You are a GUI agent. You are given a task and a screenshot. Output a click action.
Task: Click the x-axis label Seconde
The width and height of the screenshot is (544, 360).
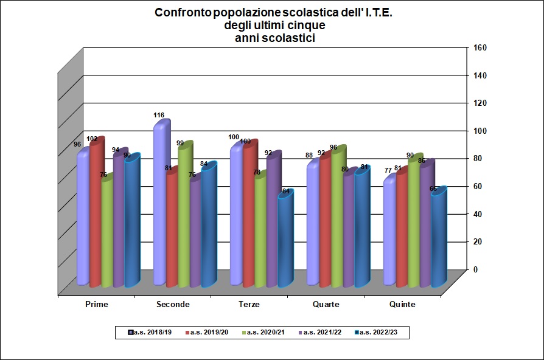pos(173,304)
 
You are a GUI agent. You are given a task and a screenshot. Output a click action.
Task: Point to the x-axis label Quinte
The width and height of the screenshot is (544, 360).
pos(402,304)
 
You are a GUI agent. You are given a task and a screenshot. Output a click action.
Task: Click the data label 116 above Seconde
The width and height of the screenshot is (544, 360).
pos(159,115)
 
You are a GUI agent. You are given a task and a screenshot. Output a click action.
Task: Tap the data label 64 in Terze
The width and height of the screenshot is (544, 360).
pos(287,192)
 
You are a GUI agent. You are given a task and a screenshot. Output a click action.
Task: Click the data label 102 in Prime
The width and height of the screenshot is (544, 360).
pos(92,139)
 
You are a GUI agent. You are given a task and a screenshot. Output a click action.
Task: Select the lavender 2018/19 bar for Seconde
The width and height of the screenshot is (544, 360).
pos(160,207)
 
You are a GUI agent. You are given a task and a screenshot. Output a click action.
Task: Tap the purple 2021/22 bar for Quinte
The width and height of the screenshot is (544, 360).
pos(425,225)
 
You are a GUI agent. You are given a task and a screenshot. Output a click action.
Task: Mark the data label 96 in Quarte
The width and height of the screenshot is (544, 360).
pos(333,147)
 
